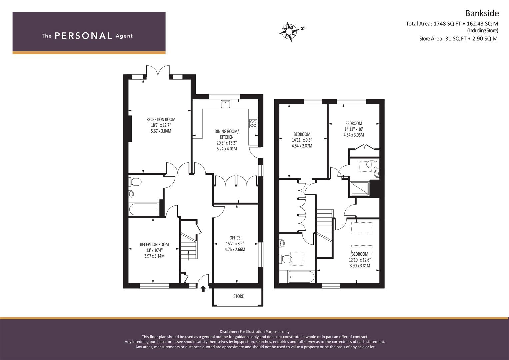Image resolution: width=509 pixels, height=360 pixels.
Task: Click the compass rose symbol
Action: click(289, 32)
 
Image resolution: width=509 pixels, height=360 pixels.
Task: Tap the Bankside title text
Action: click(482, 13)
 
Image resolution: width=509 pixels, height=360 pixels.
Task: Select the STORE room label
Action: click(239, 296)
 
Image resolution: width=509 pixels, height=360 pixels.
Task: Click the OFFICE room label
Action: click(235, 238)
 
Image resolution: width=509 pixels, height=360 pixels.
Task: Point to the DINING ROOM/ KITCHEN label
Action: click(227, 134)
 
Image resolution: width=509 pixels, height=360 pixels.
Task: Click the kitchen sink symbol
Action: click(225, 104)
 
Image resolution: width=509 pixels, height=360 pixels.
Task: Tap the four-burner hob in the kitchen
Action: click(253, 124)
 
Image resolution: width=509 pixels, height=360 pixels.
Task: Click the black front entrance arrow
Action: click(203, 289)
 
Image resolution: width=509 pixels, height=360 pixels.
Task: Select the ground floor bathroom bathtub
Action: click(144, 209)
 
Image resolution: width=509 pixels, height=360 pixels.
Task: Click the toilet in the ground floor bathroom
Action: click(135, 182)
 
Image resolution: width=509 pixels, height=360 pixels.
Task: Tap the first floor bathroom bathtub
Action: click(301, 277)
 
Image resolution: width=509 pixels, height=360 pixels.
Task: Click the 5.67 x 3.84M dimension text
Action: click(161, 131)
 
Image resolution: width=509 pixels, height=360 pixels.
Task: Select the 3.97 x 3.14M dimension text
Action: click(155, 256)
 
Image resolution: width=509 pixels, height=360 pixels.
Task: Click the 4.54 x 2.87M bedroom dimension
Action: click(302, 146)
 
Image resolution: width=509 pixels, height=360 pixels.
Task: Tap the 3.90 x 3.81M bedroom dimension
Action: click(360, 265)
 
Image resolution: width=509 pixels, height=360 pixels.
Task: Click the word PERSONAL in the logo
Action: click(83, 36)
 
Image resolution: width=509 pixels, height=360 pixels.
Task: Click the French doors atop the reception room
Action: click(158, 71)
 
